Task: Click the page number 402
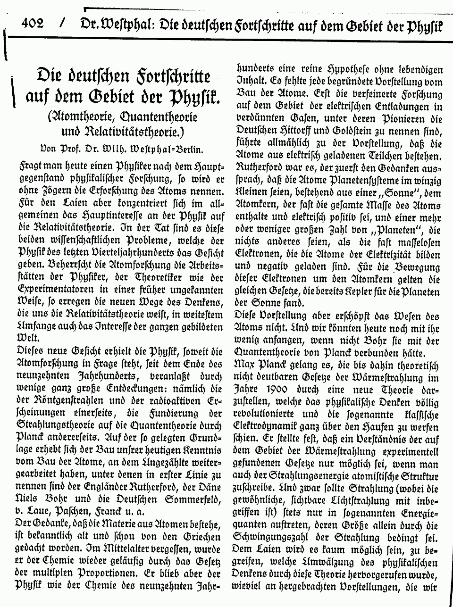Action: tap(33, 23)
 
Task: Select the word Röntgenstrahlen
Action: tap(71, 400)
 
